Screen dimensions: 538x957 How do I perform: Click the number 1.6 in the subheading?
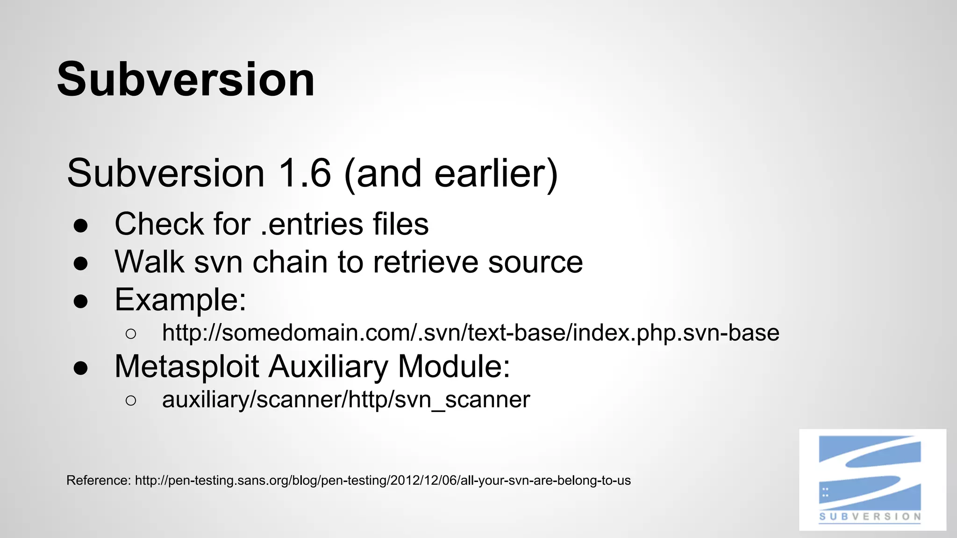click(x=304, y=173)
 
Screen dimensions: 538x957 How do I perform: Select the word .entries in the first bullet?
click(x=311, y=224)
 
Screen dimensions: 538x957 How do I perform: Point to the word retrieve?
click(x=425, y=262)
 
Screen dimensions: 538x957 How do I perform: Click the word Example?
click(x=180, y=300)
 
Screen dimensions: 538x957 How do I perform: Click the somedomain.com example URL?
click(x=470, y=333)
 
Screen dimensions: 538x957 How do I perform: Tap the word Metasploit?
click(x=186, y=367)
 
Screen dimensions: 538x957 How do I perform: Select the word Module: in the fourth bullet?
click(x=454, y=367)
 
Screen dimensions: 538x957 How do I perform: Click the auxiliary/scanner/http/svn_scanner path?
click(x=346, y=400)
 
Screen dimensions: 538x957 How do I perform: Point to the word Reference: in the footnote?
click(x=98, y=481)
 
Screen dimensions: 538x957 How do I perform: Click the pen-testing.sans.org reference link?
click(x=382, y=481)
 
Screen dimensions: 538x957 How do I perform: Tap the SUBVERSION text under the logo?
click(x=870, y=517)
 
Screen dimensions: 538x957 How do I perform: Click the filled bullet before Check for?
click(x=81, y=226)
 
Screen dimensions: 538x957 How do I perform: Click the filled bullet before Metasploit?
click(x=81, y=368)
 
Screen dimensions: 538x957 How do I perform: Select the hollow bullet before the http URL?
click(x=131, y=334)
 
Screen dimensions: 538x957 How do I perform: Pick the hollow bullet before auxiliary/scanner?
click(x=131, y=401)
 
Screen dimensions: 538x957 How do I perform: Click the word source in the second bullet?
click(x=535, y=262)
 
